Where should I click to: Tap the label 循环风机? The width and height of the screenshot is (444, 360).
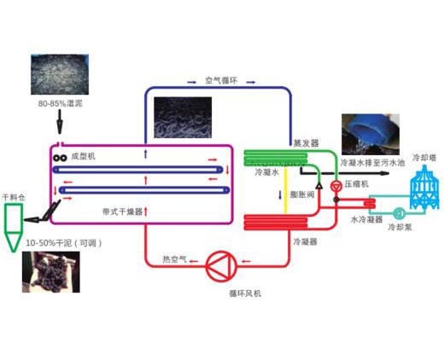point(245,293)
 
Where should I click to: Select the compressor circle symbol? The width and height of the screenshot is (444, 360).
point(336,186)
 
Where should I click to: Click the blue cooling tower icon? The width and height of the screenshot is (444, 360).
point(424,187)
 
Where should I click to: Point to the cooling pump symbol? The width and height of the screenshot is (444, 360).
point(400,213)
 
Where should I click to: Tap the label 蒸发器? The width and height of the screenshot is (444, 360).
point(306,143)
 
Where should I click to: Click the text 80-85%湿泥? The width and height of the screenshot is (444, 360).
point(61,103)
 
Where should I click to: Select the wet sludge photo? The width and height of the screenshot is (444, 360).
point(60,74)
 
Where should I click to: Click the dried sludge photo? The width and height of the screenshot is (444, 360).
point(51,272)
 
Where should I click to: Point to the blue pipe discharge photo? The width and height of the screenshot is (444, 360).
point(371,134)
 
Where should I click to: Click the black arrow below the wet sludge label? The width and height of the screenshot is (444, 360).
point(60,122)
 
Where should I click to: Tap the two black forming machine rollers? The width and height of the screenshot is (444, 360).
point(60,158)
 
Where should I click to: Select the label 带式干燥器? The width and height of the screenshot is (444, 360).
point(122,212)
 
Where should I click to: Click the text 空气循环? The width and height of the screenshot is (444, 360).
point(221,80)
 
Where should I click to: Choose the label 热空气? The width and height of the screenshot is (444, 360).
point(174,259)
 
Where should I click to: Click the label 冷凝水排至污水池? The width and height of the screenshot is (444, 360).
point(372,163)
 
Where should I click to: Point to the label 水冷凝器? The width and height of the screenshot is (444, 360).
point(366,219)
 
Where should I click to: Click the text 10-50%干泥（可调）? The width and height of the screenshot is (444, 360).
point(64,243)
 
